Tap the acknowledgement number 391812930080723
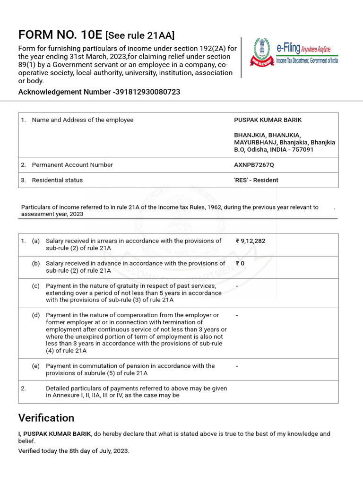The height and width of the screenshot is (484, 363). [148, 92]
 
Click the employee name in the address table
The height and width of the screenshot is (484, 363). [268, 120]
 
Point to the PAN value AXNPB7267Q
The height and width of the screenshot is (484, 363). [254, 165]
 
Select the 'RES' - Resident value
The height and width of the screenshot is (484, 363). [256, 180]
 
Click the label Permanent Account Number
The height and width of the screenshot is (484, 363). [72, 165]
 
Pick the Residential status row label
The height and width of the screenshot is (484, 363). [57, 180]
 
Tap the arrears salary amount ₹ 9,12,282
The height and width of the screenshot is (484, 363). [251, 241]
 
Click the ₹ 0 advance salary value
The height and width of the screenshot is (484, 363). [240, 263]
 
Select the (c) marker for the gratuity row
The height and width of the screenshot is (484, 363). [36, 286]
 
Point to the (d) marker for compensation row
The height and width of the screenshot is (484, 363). [36, 315]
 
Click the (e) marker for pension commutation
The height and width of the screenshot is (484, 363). [36, 366]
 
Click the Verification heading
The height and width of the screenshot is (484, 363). [46, 418]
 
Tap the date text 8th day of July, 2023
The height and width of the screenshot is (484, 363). [90, 451]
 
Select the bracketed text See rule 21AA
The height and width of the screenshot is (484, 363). [140, 35]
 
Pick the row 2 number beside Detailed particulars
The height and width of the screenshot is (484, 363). [23, 389]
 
